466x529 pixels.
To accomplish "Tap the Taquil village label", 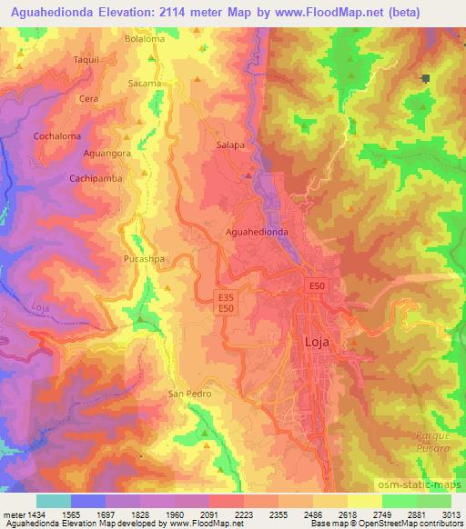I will [86, 58].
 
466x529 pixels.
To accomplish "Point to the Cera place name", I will [88, 98].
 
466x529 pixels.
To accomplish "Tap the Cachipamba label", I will [95, 179].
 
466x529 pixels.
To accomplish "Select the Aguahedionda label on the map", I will [258, 232].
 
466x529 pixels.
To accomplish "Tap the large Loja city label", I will [314, 343].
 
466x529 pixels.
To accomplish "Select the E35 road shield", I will [228, 296].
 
